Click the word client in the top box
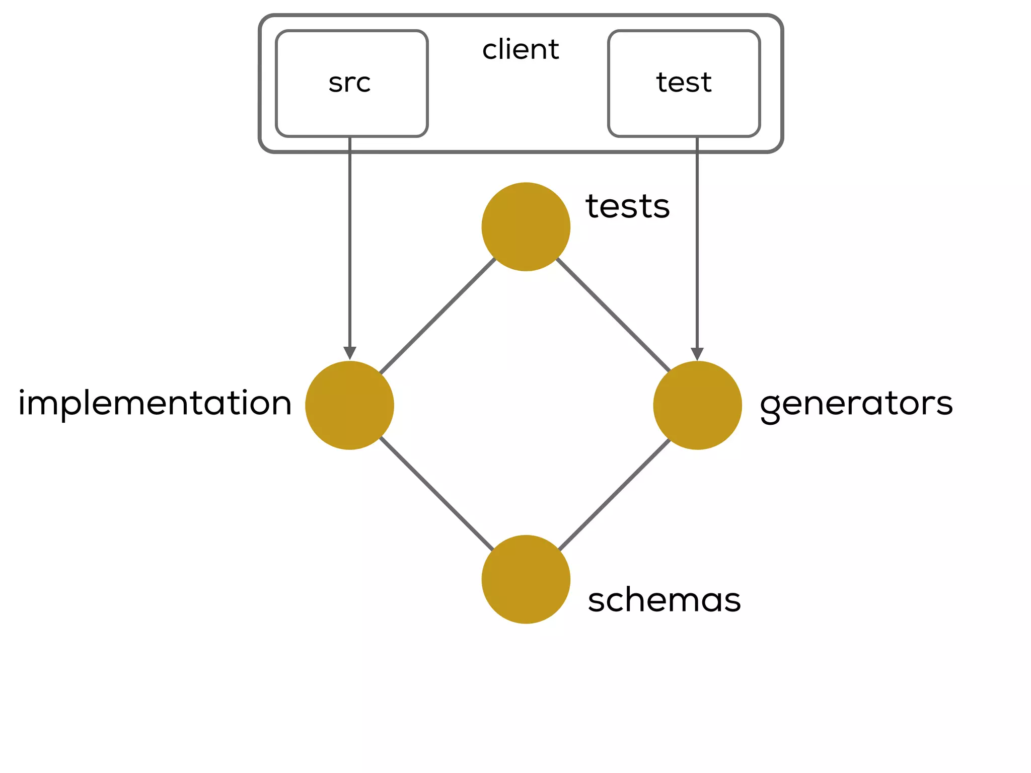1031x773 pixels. [x=521, y=50]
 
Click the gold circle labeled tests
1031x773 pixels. [x=526, y=226]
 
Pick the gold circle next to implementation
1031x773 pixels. [x=349, y=405]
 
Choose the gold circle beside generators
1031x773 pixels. [x=697, y=405]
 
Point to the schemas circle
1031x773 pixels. [x=526, y=579]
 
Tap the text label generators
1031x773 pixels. [x=856, y=404]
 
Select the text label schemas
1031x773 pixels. [x=664, y=600]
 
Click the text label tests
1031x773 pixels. [x=627, y=206]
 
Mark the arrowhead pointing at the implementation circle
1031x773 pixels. [x=350, y=353]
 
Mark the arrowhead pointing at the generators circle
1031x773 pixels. [x=697, y=354]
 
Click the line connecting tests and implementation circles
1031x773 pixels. [x=437, y=316]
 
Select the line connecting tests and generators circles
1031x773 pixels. [x=614, y=316]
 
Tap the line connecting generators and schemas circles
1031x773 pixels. [x=614, y=495]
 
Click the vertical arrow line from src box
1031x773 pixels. [x=350, y=242]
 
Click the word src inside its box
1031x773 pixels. [x=349, y=83]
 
